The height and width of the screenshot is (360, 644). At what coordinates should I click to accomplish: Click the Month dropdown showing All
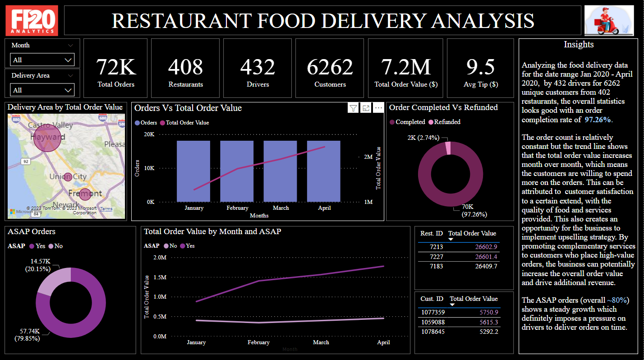tap(42, 60)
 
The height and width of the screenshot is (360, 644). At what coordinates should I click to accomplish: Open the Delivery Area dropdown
tap(42, 90)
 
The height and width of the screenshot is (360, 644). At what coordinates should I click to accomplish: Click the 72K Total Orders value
tap(116, 67)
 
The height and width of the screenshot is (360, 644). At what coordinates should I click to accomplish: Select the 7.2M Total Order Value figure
tap(405, 67)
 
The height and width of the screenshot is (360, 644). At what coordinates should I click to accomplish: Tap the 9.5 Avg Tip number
tap(480, 67)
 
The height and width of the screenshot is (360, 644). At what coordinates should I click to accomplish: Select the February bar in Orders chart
tap(237, 171)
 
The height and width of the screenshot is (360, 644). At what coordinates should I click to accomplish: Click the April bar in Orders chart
tap(324, 171)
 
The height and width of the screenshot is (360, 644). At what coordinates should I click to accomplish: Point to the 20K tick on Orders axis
tap(149, 134)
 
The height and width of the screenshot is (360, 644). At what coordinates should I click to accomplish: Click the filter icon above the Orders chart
tap(353, 108)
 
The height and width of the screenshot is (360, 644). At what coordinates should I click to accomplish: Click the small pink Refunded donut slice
tap(447, 148)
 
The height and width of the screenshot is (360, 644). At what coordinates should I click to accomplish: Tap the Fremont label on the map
tap(85, 193)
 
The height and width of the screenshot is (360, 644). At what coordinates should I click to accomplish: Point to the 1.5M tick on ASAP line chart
tap(160, 277)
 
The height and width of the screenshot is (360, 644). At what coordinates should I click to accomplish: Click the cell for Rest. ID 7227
tap(436, 257)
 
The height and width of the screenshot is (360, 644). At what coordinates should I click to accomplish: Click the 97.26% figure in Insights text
tap(598, 120)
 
